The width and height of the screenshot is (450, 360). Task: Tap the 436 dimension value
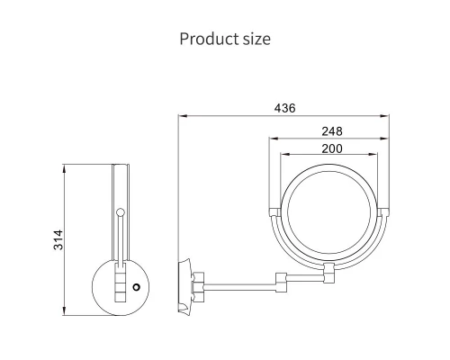click(x=284, y=108)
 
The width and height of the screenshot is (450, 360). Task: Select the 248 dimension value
click(x=332, y=131)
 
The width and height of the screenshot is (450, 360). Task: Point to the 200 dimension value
click(x=332, y=148)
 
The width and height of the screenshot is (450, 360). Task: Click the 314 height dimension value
click(x=58, y=239)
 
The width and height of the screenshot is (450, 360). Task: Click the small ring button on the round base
click(x=137, y=287)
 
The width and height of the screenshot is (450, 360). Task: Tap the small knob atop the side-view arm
click(x=121, y=212)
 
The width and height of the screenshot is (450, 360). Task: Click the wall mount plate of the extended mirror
click(x=184, y=285)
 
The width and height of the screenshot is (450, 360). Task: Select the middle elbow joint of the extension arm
click(x=282, y=282)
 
